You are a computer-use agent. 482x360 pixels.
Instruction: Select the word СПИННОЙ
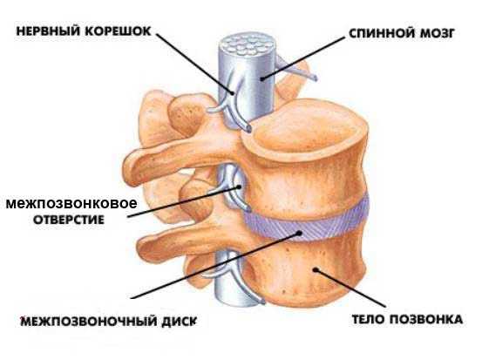click(380, 33)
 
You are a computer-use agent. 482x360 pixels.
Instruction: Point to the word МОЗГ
click(436, 33)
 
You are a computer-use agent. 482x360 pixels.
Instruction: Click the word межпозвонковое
click(71, 203)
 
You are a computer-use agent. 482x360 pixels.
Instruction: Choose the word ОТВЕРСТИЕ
click(69, 220)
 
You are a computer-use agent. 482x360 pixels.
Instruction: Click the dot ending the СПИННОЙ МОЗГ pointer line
click(261, 79)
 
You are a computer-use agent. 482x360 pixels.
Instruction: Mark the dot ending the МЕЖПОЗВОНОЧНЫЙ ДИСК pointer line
click(298, 234)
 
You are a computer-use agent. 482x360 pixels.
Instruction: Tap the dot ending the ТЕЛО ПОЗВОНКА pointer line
click(315, 269)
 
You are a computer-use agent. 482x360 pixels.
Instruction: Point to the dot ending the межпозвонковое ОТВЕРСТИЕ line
click(239, 187)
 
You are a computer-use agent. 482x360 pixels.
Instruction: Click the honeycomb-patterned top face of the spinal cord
click(246, 45)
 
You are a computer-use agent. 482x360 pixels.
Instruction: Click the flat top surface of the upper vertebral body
click(308, 126)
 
